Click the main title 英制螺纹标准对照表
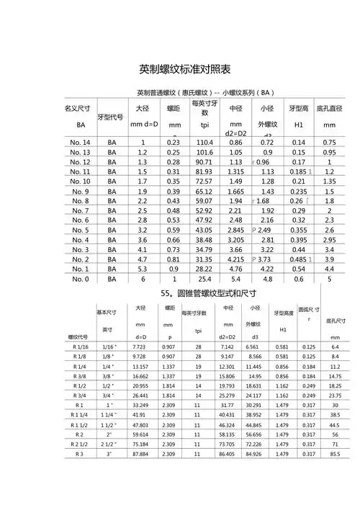pos(185,70)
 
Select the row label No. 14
pos(80,143)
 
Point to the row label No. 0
pos(80,279)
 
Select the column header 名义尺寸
pos(80,109)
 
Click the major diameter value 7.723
pos(140,347)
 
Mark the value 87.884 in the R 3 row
pos(140,454)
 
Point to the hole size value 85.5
pos(334,454)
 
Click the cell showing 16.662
pos(140,376)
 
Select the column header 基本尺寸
pos(107,313)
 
